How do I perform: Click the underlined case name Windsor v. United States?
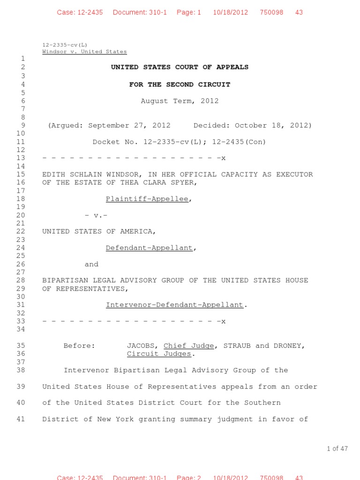84,52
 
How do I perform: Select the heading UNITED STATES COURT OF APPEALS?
180,67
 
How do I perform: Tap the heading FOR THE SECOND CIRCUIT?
180,84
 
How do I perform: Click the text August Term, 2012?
180,101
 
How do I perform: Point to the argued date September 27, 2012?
129,125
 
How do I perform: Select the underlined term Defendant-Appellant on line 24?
149,247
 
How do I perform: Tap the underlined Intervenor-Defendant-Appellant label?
174,305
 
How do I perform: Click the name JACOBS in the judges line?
142,345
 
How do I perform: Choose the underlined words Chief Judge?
188,345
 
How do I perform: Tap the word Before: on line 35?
79,345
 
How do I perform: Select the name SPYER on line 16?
184,182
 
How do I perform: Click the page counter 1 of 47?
337,449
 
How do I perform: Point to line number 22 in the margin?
21,231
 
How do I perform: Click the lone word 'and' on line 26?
91,264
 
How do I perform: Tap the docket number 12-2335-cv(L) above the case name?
65,45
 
